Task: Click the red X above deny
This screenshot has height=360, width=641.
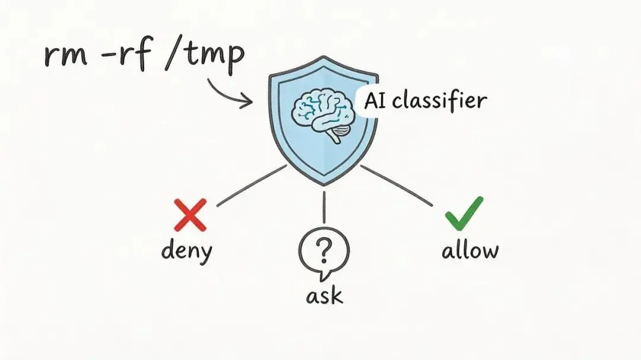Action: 190,215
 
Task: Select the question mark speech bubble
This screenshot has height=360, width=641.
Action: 323,252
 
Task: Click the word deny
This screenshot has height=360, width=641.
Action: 186,250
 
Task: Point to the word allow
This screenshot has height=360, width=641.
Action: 470,250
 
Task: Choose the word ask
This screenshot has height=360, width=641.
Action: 324,295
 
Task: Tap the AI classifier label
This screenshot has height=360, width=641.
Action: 424,100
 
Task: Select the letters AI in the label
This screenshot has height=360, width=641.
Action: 374,101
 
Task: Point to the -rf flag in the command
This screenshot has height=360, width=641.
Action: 136,55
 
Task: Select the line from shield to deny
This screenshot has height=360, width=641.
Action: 252,186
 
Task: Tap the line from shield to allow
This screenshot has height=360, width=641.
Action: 396,186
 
